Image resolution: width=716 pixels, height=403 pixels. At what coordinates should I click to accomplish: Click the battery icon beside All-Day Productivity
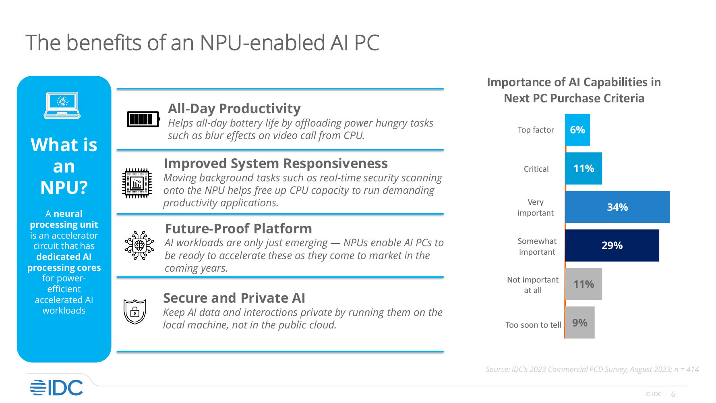[143, 119]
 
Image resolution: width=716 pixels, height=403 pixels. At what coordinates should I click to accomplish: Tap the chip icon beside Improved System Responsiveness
[137, 183]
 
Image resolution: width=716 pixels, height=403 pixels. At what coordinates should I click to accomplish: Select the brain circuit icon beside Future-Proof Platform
[139, 245]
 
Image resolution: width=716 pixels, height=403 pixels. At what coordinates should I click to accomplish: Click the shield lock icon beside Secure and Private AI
[135, 312]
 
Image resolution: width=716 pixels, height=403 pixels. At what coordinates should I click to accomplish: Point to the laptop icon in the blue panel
[62, 105]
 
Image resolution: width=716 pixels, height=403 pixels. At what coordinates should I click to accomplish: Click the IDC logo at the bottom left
[56, 388]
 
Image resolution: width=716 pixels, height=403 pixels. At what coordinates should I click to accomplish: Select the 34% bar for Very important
[617, 207]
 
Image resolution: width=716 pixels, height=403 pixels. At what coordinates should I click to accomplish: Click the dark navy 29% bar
[612, 245]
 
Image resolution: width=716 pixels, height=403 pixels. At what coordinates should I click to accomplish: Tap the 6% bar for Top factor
[577, 130]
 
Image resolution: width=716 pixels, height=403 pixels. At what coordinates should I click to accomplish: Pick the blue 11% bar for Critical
[584, 168]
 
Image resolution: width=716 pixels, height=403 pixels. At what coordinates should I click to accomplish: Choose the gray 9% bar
[580, 322]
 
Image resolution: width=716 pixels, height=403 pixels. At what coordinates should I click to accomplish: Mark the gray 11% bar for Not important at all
[584, 284]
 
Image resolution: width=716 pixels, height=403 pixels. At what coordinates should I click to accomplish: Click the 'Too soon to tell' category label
[533, 325]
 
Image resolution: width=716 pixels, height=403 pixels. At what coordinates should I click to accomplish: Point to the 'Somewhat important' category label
[537, 246]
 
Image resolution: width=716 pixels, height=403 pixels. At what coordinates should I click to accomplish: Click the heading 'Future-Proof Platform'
[238, 229]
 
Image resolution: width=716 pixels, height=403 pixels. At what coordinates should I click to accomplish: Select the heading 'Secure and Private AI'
[234, 298]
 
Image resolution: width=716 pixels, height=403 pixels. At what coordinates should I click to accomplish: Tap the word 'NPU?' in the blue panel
[64, 187]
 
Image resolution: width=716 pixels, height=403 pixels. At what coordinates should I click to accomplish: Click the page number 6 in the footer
[673, 395]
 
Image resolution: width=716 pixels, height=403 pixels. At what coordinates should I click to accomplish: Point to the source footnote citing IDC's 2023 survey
[592, 369]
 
